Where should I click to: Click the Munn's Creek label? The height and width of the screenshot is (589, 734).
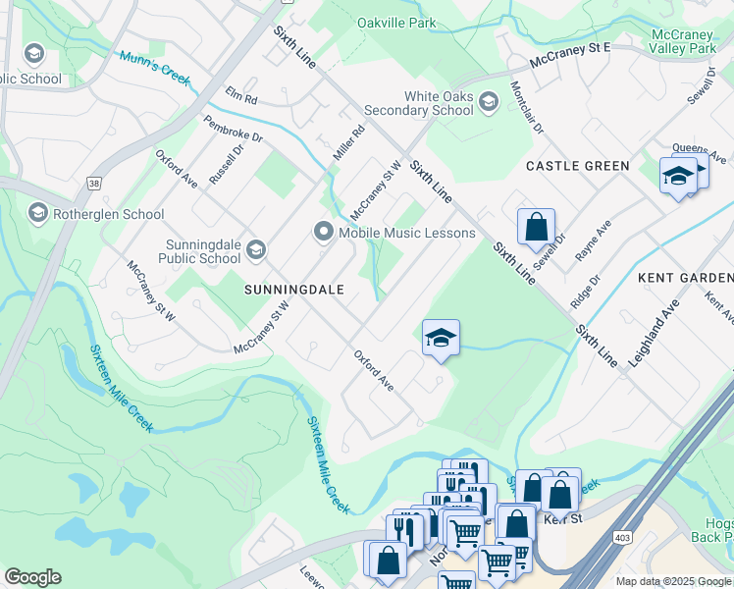click(x=152, y=68)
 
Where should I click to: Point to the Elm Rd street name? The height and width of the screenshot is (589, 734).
click(x=240, y=98)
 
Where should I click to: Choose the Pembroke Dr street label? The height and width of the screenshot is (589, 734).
click(x=233, y=130)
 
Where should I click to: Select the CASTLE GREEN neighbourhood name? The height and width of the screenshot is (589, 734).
click(x=577, y=166)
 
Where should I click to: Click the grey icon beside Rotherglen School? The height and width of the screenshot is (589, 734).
click(x=38, y=213)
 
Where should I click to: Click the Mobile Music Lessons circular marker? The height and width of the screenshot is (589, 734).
click(x=323, y=233)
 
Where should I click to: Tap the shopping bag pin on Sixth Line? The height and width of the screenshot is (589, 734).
click(x=536, y=228)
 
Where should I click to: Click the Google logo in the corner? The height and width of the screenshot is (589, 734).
click(x=32, y=577)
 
